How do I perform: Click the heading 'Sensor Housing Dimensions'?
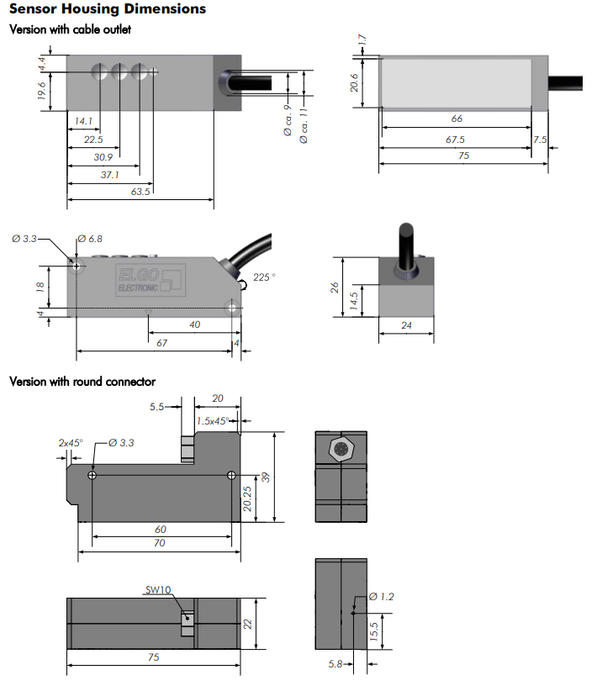pos(108,8)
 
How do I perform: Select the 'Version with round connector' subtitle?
pos(82,382)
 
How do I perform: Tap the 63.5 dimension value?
pos(140,192)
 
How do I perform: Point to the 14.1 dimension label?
pos(83,121)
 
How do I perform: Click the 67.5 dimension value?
pos(455,140)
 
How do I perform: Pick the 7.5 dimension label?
pos(540,140)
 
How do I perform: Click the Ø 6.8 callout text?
pos(90,239)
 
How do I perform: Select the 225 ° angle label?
pos(264,277)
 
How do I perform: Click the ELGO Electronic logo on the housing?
pos(150,280)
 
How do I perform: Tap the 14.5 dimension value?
pos(354,302)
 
